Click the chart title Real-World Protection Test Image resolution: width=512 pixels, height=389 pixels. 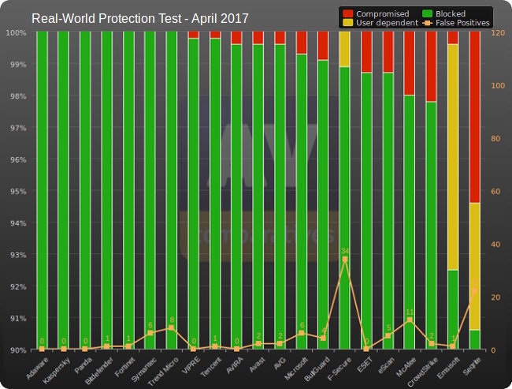(x=139, y=17)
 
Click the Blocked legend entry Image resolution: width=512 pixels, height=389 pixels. (x=449, y=13)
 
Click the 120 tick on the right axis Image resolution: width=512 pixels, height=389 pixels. (x=497, y=33)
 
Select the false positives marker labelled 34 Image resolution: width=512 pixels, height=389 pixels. (x=344, y=259)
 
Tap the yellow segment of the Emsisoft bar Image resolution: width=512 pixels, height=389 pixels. (x=453, y=158)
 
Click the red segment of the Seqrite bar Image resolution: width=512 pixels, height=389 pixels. (x=474, y=118)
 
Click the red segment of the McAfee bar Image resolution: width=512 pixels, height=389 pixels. (x=410, y=64)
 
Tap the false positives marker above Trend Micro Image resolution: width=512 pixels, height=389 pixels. (x=172, y=327)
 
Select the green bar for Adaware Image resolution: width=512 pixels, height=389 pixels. (x=42, y=189)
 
